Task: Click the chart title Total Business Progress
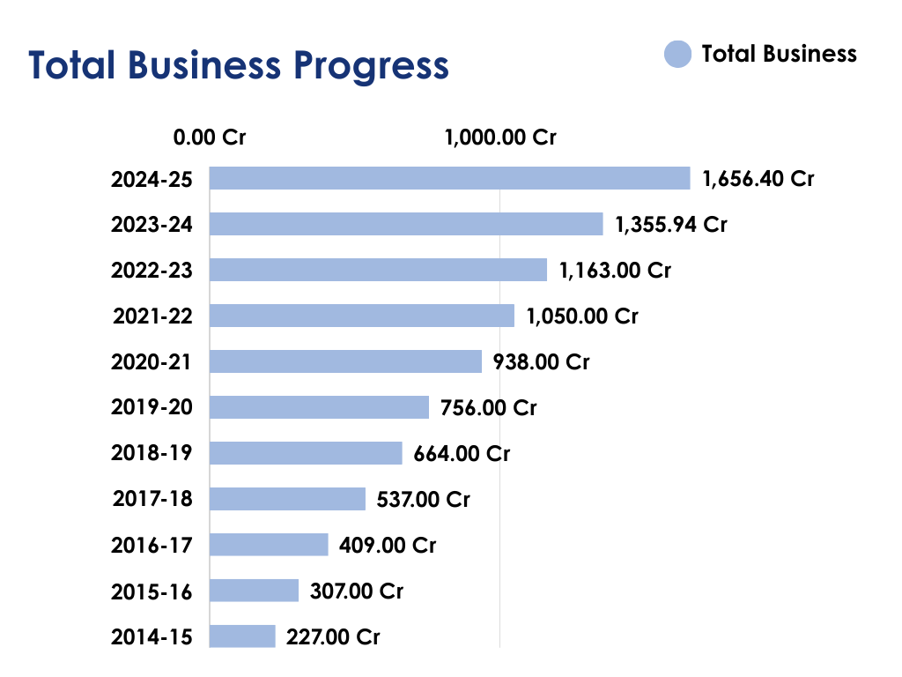click(x=239, y=66)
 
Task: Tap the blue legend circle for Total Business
click(x=677, y=55)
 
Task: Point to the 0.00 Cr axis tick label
click(x=210, y=138)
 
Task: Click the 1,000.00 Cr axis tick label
click(x=500, y=138)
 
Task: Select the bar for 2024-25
click(x=449, y=178)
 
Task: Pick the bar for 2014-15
click(x=242, y=636)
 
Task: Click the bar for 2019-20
click(x=319, y=407)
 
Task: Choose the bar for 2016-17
click(x=269, y=545)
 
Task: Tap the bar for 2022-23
click(x=378, y=270)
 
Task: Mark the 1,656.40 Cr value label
click(x=758, y=178)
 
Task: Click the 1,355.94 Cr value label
click(x=671, y=224)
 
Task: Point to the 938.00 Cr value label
click(x=541, y=361)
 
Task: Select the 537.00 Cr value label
click(x=423, y=500)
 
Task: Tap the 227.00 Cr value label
click(x=333, y=636)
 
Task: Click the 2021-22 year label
click(x=152, y=316)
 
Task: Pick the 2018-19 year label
click(x=152, y=453)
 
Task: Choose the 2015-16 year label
click(x=152, y=591)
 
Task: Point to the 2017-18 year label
click(x=152, y=499)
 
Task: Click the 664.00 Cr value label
click(x=462, y=453)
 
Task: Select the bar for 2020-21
click(x=345, y=361)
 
